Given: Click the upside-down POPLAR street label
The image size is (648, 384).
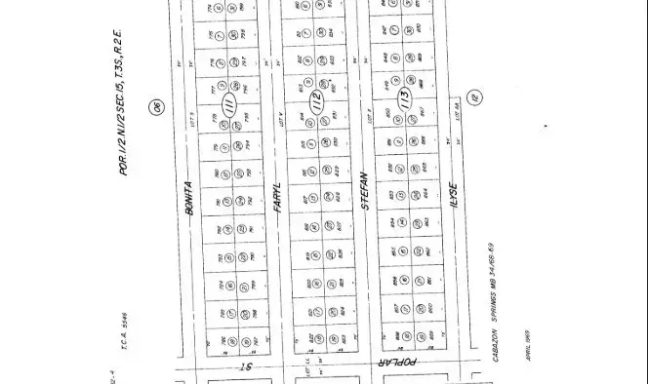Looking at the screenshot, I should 399,364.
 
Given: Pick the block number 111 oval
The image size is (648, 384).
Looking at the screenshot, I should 230,104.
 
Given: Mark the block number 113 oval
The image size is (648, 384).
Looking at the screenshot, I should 401,97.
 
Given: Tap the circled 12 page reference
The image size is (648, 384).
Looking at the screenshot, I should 475,97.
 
